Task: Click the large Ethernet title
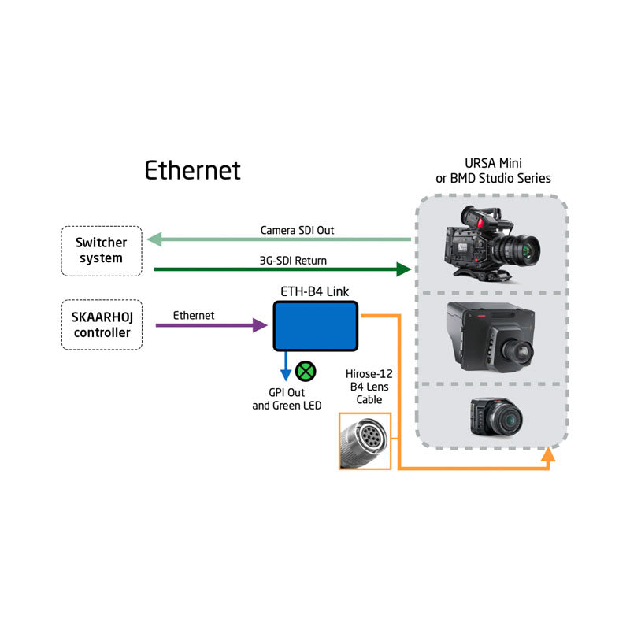[x=192, y=170]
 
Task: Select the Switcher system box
[x=102, y=250]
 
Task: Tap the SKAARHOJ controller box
[x=102, y=324]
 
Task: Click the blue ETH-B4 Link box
[x=316, y=326]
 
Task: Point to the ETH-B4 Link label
[x=314, y=291]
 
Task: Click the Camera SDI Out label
[x=297, y=230]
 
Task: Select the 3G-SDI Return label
[x=293, y=261]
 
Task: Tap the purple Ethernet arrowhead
[x=260, y=325]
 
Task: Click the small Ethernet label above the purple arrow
[x=194, y=316]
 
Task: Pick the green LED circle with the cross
[x=306, y=371]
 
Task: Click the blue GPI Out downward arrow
[x=286, y=366]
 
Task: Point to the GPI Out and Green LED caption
[x=287, y=399]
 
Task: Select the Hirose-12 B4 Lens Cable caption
[x=369, y=387]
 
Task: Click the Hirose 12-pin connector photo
[x=365, y=441]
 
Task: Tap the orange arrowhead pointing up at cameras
[x=548, y=454]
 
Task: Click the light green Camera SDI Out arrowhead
[x=154, y=239]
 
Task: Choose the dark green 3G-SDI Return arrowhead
[x=403, y=269]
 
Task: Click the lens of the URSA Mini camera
[x=525, y=248]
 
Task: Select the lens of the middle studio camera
[x=519, y=353]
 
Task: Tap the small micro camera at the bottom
[x=497, y=417]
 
